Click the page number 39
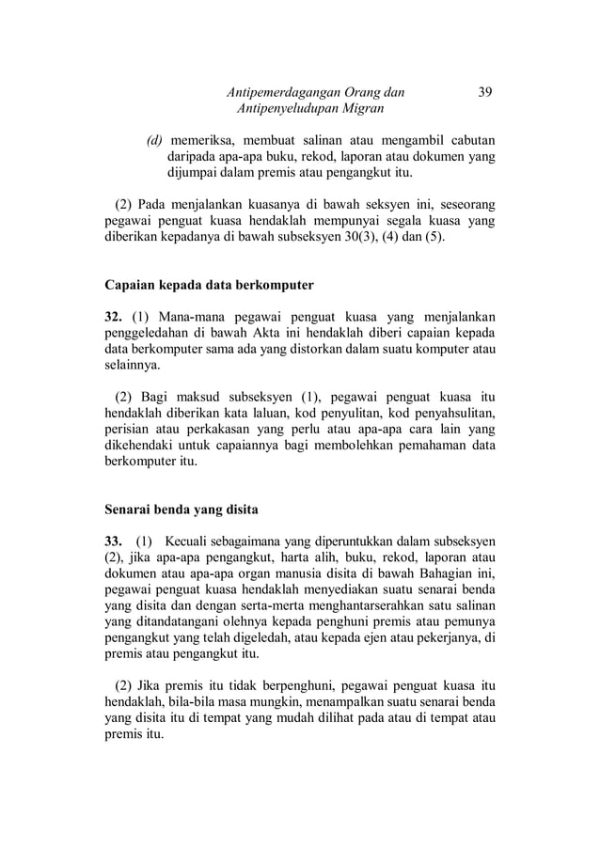pos(485,92)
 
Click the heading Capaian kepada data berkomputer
pos(208,283)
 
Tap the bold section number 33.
pos(114,541)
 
